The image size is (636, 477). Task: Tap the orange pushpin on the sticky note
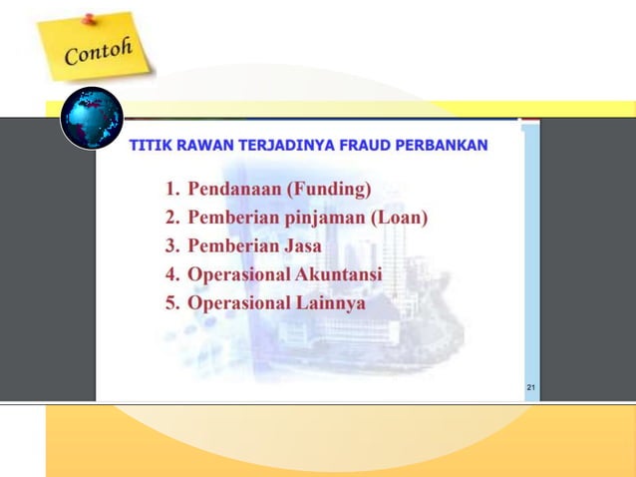(89, 18)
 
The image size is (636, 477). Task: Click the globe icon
(92, 118)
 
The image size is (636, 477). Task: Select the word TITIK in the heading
(149, 146)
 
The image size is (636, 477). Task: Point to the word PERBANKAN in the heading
(442, 146)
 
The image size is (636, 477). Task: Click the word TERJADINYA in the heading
(281, 146)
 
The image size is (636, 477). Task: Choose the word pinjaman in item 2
(325, 218)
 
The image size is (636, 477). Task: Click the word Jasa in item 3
(299, 245)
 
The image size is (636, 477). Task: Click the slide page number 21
(530, 387)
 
